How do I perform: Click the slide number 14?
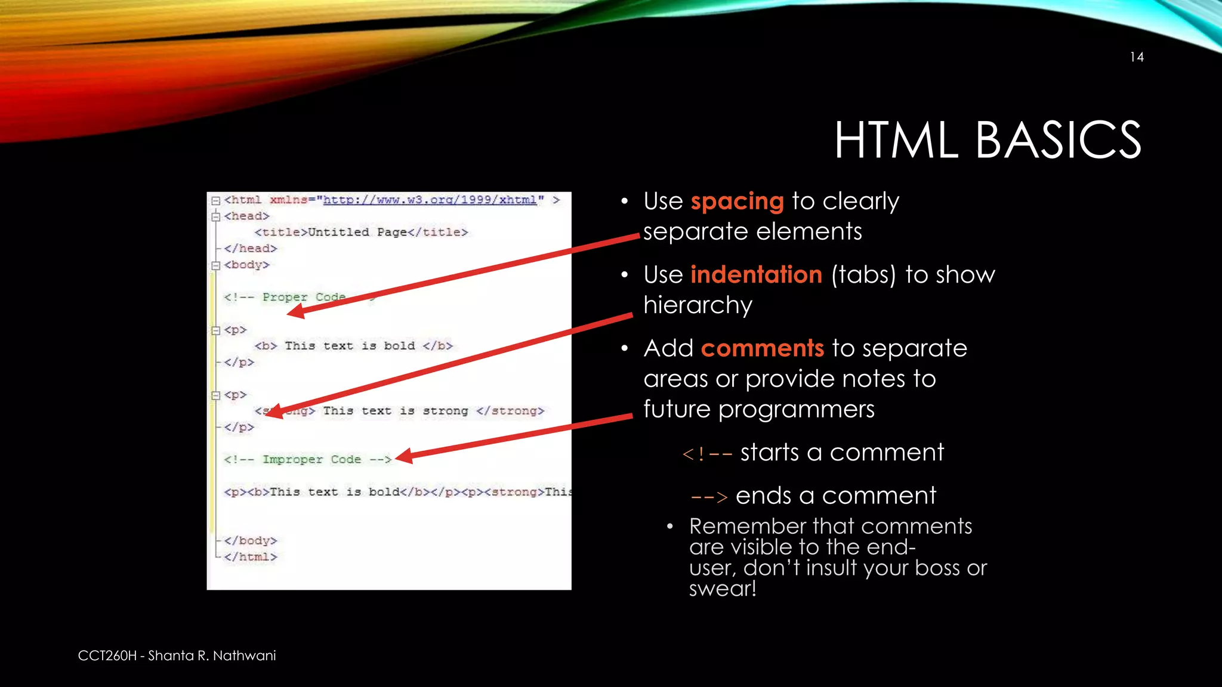1136,57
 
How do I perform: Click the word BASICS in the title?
1058,140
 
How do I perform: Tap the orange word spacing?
737,202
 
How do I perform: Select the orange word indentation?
756,275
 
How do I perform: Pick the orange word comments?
762,348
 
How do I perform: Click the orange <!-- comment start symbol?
707,454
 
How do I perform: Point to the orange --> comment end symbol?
709,497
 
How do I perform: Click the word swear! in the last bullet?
723,589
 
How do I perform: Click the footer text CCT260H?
107,655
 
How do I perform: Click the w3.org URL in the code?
430,200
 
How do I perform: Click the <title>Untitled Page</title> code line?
361,232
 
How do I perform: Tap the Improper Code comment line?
307,459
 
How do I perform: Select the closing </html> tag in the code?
251,556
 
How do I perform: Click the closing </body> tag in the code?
251,540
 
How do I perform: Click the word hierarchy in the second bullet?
698,306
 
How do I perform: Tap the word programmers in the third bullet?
796,410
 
